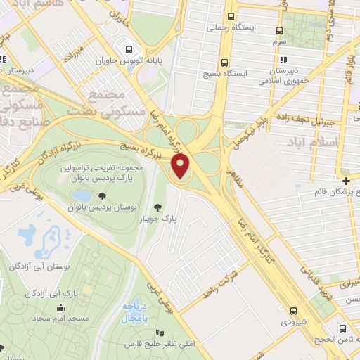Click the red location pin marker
point(181,167)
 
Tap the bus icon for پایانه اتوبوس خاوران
point(129,50)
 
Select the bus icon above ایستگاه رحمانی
point(231,18)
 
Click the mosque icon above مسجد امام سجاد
point(60,307)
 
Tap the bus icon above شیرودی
point(292,310)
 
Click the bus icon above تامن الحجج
point(342,328)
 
